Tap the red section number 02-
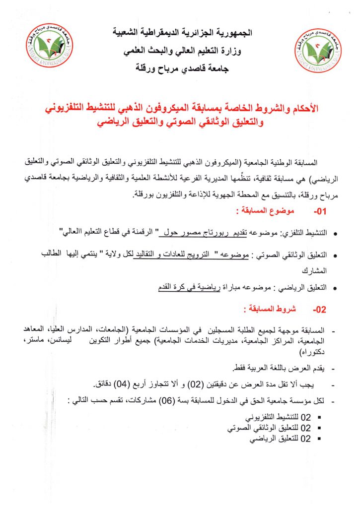click(x=320, y=309)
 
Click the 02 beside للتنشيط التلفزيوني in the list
click(x=306, y=417)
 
